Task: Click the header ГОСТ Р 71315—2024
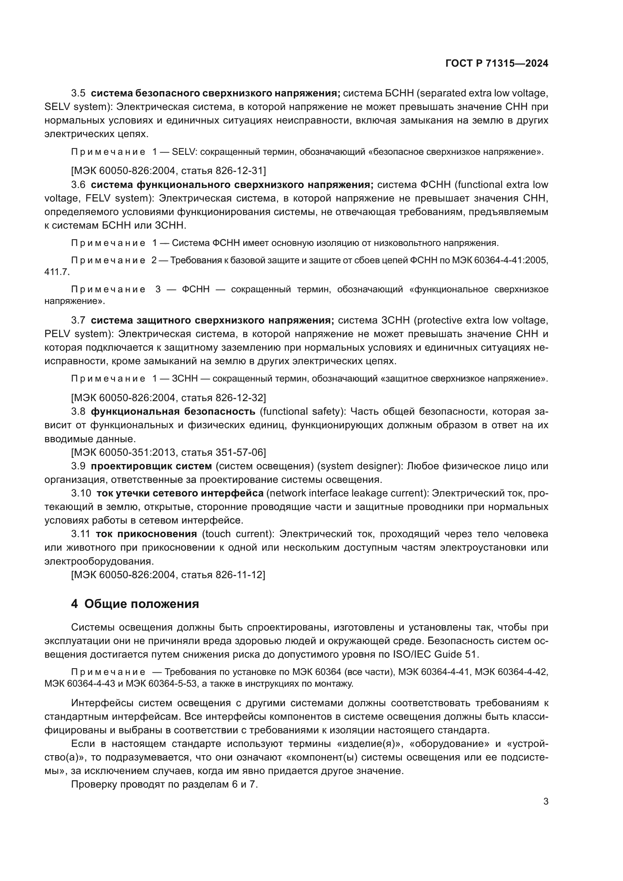click(497, 64)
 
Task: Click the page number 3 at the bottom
click(546, 801)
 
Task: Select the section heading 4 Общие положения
click(135, 603)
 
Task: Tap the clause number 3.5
click(78, 93)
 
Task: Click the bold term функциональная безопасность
click(173, 411)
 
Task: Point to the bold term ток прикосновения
click(146, 534)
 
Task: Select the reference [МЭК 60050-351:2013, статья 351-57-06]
click(168, 452)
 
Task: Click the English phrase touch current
click(237, 534)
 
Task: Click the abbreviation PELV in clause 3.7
click(58, 334)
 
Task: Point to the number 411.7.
click(57, 272)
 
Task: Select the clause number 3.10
click(81, 493)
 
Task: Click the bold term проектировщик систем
click(151, 466)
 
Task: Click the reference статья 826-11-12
click(222, 575)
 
